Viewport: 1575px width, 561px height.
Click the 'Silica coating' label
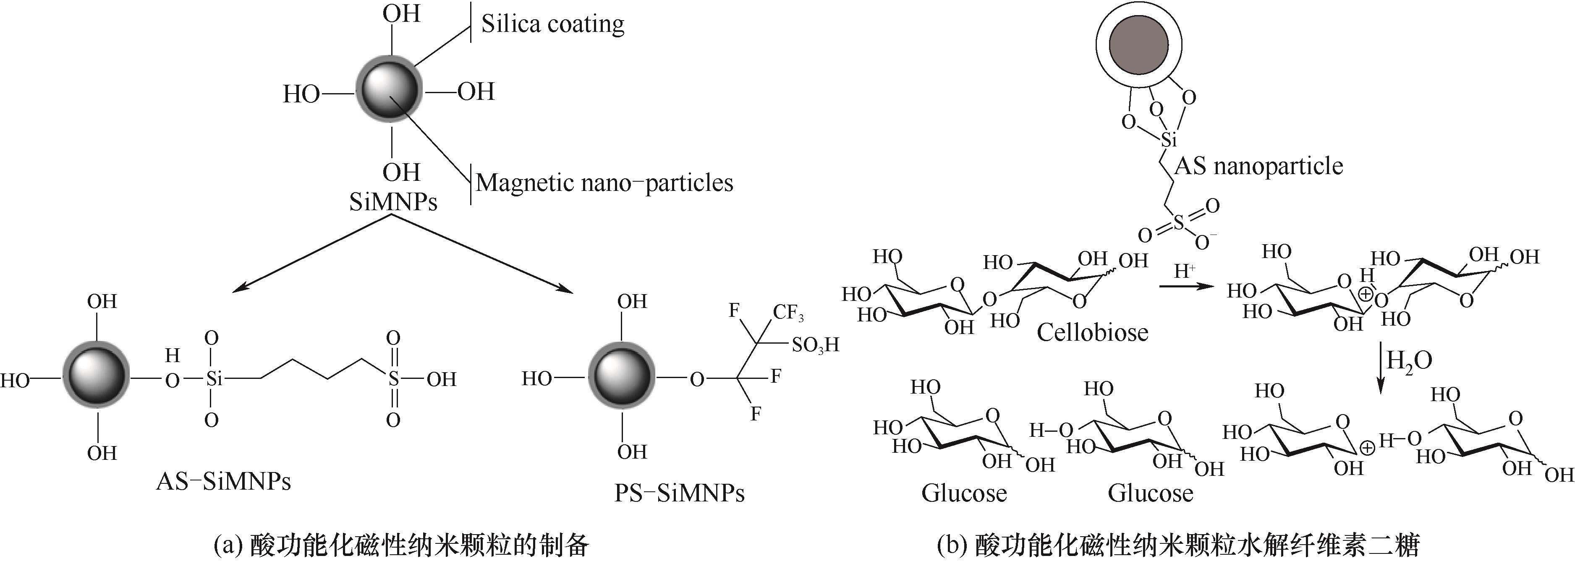[x=552, y=24]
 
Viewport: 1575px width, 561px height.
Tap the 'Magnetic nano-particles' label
[x=604, y=183]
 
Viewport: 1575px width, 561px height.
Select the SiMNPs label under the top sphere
[x=393, y=202]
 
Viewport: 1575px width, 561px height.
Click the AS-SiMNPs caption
[x=223, y=482]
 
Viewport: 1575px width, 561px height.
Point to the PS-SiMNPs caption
[x=679, y=493]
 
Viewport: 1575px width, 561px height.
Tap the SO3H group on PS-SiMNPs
[x=815, y=346]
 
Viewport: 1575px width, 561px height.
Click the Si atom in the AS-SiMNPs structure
[x=212, y=379]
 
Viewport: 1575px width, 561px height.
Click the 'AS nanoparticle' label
[x=1259, y=166]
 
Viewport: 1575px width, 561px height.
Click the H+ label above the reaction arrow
[x=1184, y=270]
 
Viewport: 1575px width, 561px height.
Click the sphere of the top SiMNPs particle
[x=389, y=91]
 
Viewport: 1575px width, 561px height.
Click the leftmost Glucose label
[x=963, y=493]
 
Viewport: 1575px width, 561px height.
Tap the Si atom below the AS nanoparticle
[x=1168, y=140]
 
